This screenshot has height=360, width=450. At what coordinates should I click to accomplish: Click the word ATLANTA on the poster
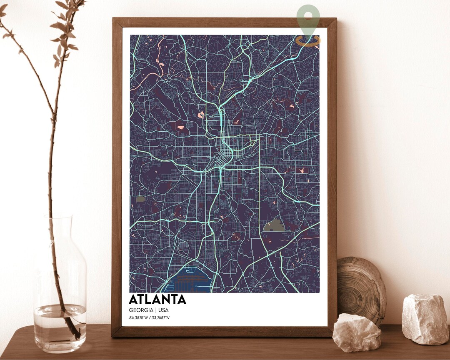(157, 300)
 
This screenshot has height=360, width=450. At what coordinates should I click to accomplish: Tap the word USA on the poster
(162, 310)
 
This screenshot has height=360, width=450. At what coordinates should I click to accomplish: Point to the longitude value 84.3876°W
(139, 318)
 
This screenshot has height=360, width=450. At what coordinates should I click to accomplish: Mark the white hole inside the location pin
(308, 16)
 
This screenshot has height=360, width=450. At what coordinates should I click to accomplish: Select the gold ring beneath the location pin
(308, 40)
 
